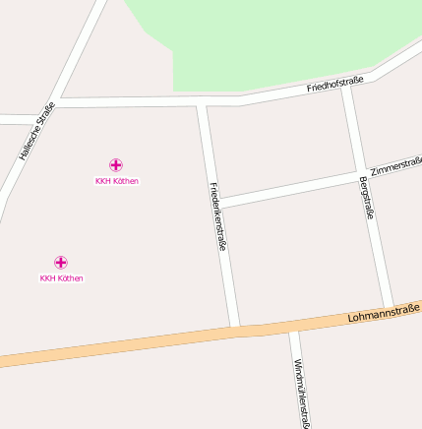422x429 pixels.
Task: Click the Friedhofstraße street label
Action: coord(334,84)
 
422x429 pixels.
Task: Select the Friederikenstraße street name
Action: coord(217,215)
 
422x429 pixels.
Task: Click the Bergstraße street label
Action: coord(366,196)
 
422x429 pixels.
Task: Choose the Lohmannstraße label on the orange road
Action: coord(383,314)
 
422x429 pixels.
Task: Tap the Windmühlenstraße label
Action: coord(301,393)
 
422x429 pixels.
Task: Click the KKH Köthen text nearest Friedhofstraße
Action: coord(116,181)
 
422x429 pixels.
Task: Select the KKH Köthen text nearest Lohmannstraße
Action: coord(61,278)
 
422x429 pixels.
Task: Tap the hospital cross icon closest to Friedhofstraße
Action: coord(116,164)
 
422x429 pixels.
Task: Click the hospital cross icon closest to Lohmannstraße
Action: coord(61,262)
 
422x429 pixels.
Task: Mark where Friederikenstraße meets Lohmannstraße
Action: coord(235,329)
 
